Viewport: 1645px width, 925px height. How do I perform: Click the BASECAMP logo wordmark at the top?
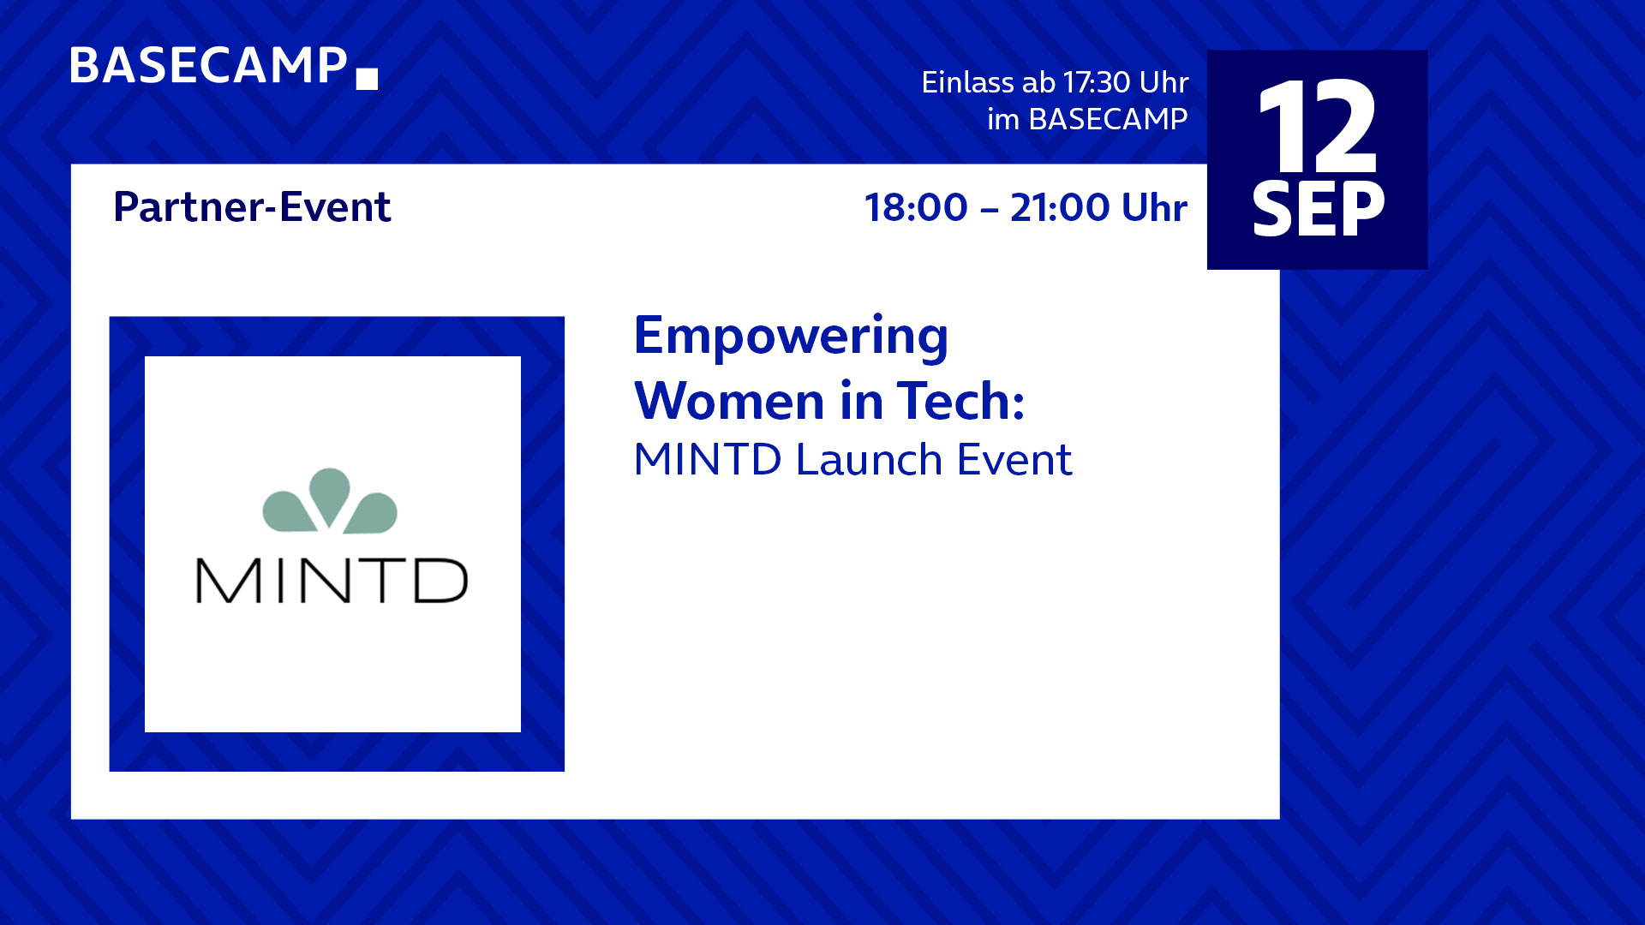(208, 66)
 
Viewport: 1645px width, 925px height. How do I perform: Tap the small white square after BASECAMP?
(367, 79)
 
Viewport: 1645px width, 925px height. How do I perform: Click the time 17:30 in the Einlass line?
(1097, 82)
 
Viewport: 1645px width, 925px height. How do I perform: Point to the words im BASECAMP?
(1087, 119)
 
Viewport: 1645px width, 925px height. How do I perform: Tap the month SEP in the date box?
(1318, 209)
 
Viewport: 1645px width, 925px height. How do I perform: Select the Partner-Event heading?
(252, 207)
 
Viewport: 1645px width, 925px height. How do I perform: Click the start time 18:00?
(916, 207)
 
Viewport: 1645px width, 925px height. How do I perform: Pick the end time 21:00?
(1060, 207)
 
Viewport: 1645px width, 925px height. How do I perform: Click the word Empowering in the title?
(791, 337)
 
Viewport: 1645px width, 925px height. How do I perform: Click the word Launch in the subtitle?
(869, 459)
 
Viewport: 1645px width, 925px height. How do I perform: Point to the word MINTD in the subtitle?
(708, 459)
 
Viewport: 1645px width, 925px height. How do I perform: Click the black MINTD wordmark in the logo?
(332, 581)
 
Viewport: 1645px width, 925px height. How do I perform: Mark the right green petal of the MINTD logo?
(371, 513)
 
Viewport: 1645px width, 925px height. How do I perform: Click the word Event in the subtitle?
(1014, 459)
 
